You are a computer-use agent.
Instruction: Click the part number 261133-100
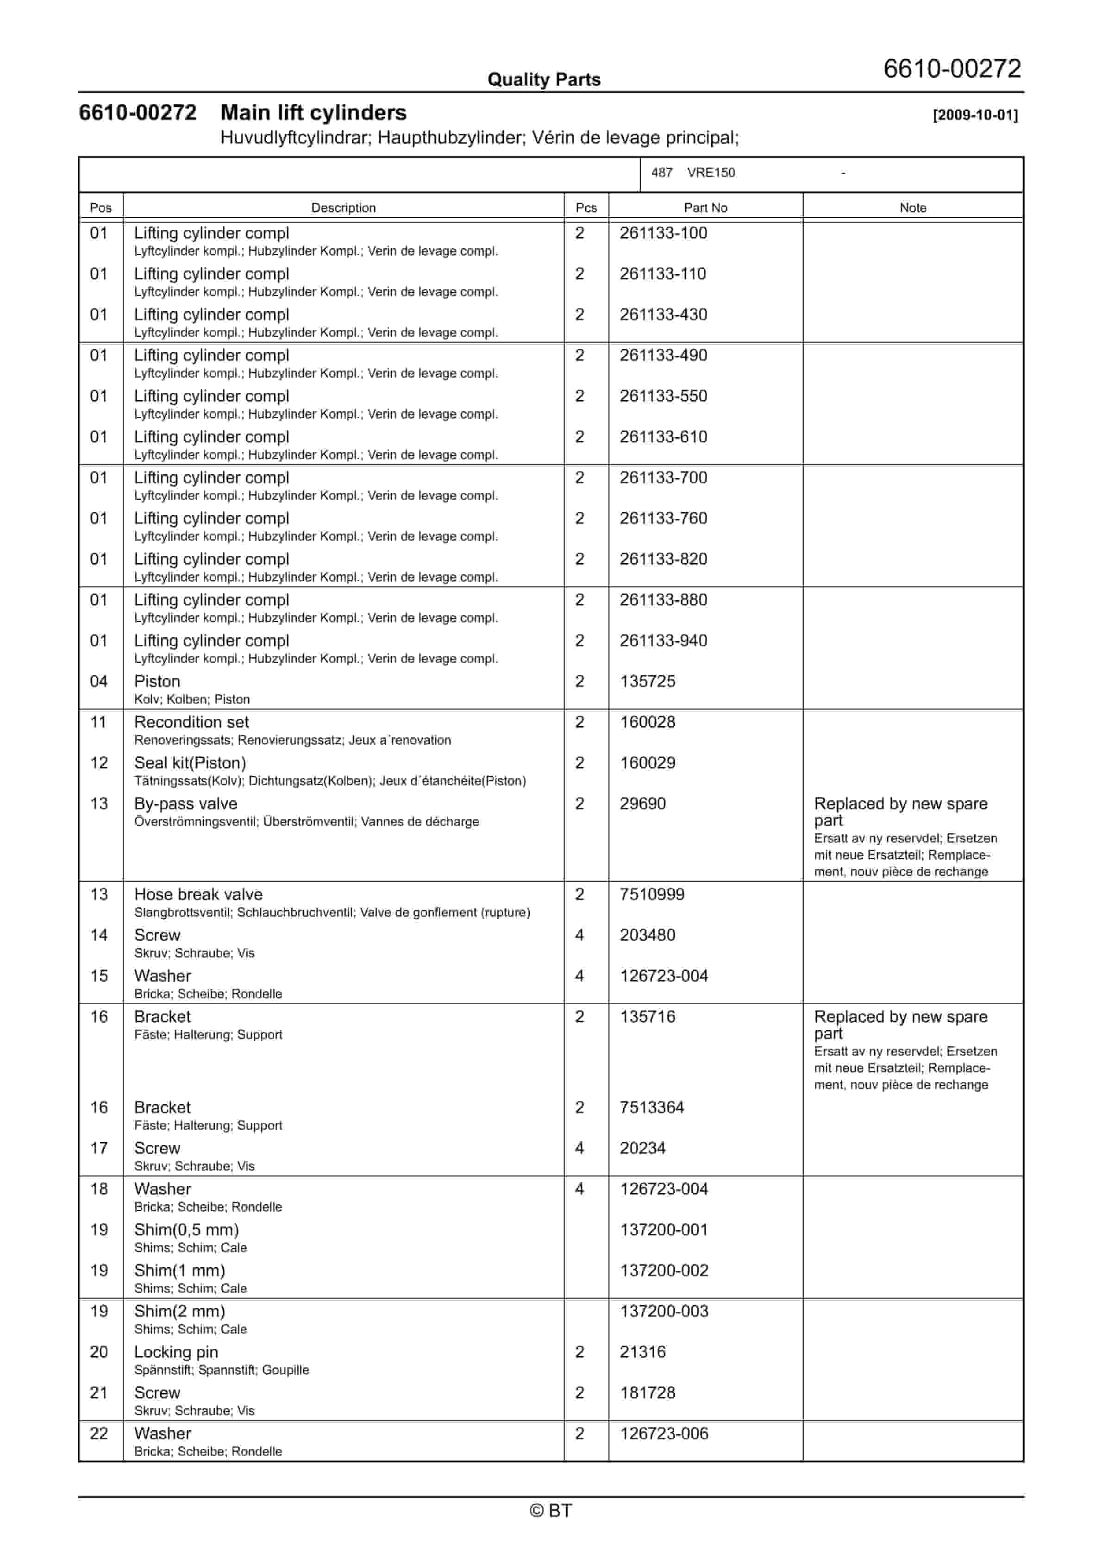pyautogui.click(x=663, y=233)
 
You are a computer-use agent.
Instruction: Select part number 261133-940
pyautogui.click(x=663, y=641)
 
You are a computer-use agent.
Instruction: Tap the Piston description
pyautogui.click(x=157, y=681)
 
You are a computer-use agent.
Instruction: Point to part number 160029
pyautogui.click(x=647, y=763)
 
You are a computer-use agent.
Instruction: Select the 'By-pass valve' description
pyautogui.click(x=186, y=804)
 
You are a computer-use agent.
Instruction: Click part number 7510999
pyautogui.click(x=651, y=895)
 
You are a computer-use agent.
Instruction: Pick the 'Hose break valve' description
pyautogui.click(x=198, y=895)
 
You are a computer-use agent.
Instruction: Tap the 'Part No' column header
pyautogui.click(x=705, y=208)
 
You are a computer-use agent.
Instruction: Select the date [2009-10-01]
pyautogui.click(x=975, y=115)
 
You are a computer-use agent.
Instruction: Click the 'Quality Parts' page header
pyautogui.click(x=544, y=80)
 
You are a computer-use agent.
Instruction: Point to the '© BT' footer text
pyautogui.click(x=551, y=1510)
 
